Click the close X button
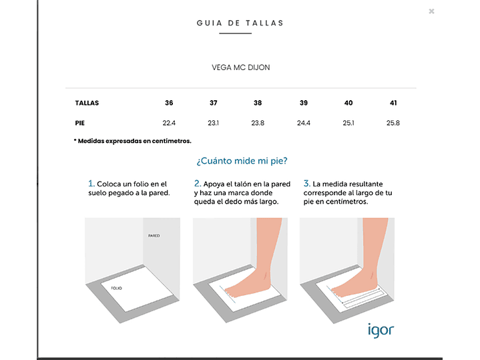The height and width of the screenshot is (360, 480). [x=431, y=11]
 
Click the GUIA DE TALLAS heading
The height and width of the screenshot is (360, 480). [x=240, y=23]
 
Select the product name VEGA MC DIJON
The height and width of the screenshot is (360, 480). [x=240, y=67]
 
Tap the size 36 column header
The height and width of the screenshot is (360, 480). [x=169, y=103]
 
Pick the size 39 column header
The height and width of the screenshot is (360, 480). [x=303, y=103]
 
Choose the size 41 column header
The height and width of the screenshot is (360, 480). [x=393, y=103]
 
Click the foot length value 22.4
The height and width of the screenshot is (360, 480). [x=169, y=123]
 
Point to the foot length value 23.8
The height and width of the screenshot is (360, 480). [x=258, y=123]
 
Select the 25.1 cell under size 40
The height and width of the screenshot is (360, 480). [x=348, y=123]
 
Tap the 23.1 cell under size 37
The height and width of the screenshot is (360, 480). [x=213, y=123]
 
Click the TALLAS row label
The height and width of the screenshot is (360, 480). [x=87, y=103]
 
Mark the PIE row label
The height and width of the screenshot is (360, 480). [x=80, y=123]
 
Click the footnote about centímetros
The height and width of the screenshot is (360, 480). [x=133, y=141]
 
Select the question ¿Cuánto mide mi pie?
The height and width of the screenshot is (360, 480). [x=242, y=161]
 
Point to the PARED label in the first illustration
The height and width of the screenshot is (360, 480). [x=154, y=236]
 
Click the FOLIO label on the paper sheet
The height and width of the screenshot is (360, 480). [x=116, y=288]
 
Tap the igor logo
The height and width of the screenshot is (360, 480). [x=381, y=331]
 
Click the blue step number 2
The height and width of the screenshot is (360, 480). [x=198, y=184]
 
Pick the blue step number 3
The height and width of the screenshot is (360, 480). [x=306, y=184]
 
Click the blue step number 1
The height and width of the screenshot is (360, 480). [x=91, y=184]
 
